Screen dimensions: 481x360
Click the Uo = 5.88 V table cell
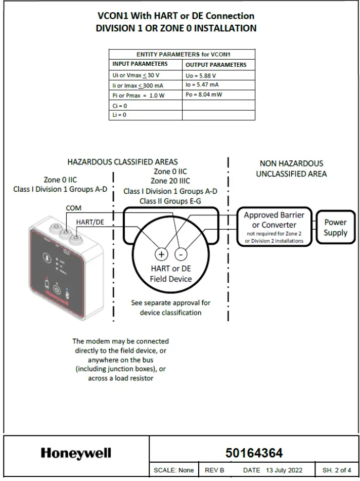tap(218, 75)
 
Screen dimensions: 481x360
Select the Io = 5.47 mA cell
tap(218, 85)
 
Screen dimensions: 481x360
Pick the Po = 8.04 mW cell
tap(218, 95)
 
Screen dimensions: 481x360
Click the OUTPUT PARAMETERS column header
tap(218, 65)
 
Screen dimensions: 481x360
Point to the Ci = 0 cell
tap(146, 105)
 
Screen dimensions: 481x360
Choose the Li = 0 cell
tap(146, 115)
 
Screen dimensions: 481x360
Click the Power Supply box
tap(335, 228)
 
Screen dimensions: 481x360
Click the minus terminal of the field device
tap(183, 254)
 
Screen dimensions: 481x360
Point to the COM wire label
tap(73, 208)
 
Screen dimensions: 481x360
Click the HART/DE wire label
tap(90, 222)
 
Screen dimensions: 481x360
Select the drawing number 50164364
tap(254, 453)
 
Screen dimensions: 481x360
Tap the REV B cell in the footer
tap(214, 470)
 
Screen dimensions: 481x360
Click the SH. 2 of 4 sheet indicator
tap(337, 470)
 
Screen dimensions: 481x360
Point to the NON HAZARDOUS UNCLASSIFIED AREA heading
tap(291, 168)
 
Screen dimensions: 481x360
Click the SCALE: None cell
tap(173, 470)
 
